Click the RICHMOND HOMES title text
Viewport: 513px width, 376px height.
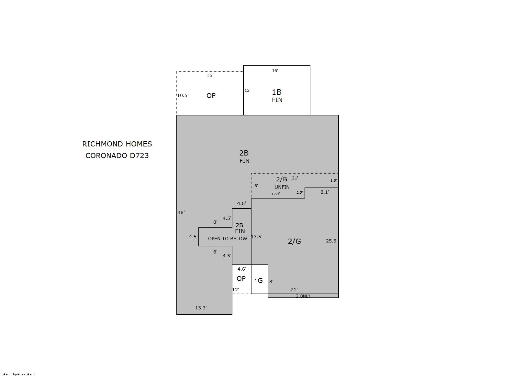tap(117, 144)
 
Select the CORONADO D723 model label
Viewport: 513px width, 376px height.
tap(117, 156)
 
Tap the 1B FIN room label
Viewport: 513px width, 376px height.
tap(277, 96)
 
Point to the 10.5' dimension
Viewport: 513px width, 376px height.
tap(183, 95)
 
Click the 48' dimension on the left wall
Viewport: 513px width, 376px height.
tap(181, 212)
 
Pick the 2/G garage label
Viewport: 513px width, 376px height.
tap(294, 241)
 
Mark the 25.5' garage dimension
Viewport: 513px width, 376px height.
tap(332, 241)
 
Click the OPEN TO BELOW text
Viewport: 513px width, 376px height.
tap(228, 239)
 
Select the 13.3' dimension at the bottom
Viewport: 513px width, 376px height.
tap(201, 308)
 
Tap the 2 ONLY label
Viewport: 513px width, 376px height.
tap(303, 296)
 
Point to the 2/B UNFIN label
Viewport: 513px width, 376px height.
tap(282, 183)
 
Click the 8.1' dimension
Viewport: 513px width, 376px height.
tap(325, 192)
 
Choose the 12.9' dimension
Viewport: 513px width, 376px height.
tap(275, 194)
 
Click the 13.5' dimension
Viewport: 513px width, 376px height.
tap(257, 237)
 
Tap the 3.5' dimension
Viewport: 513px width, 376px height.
tap(333, 180)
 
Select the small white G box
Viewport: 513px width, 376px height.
tap(260, 279)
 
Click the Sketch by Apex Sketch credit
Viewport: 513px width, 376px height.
tap(19, 374)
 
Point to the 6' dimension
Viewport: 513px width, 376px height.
tap(256, 186)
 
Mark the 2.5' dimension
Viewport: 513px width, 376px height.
tap(300, 193)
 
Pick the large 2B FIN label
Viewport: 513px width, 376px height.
tap(244, 157)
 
